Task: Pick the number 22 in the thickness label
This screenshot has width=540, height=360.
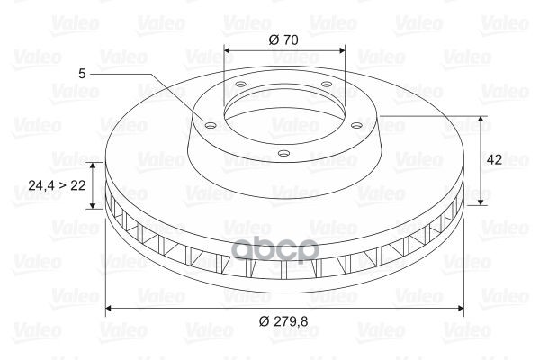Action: point(78,185)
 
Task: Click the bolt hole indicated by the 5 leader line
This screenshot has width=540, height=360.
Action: point(210,126)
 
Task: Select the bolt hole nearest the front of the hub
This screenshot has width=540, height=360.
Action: point(283,154)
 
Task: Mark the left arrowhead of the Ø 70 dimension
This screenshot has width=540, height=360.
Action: point(227,51)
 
